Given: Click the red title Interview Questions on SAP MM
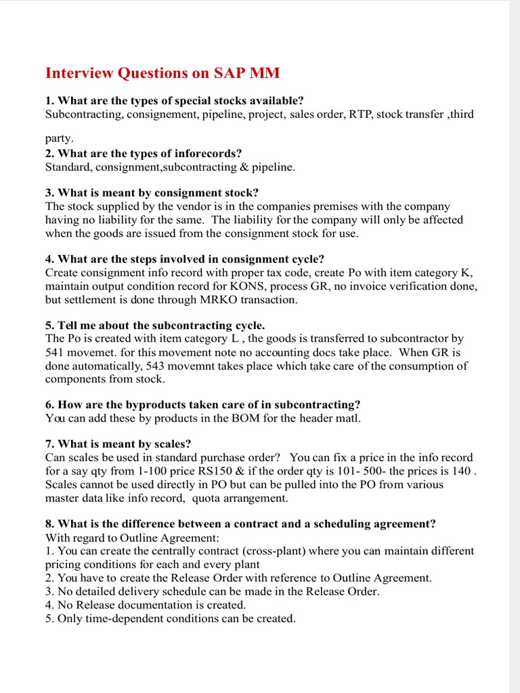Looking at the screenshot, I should pyautogui.click(x=162, y=73).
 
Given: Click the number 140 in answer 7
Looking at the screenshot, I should pyautogui.click(x=460, y=471).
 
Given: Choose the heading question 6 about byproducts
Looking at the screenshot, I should pyautogui.click(x=202, y=405).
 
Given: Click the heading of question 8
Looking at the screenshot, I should pyautogui.click(x=240, y=524).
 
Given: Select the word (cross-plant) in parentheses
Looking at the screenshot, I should pyautogui.click(x=249, y=551).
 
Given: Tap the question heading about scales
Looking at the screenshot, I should pyautogui.click(x=118, y=444).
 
